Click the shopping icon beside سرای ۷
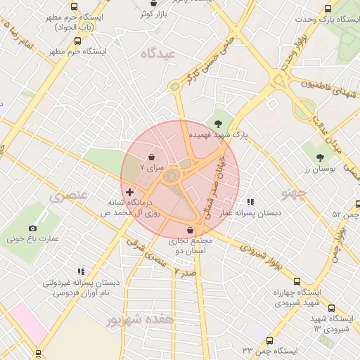(x=153, y=157)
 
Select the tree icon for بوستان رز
(x=320, y=157)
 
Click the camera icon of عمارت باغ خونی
(x=32, y=228)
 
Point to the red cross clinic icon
(x=129, y=191)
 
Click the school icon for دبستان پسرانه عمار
(x=250, y=202)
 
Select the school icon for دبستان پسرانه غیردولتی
(x=81, y=271)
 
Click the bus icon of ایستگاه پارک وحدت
(x=328, y=8)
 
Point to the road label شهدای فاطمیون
(x=326, y=88)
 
